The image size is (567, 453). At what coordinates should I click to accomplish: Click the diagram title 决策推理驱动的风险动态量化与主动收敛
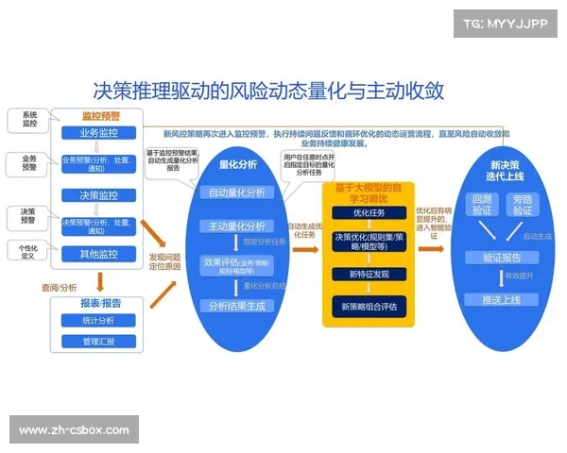(268, 91)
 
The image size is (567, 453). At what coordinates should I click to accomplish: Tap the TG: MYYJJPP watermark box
(506, 24)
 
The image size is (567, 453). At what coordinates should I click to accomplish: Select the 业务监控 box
(99, 133)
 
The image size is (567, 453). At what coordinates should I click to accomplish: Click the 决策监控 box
(99, 195)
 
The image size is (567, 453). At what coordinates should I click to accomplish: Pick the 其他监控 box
(99, 254)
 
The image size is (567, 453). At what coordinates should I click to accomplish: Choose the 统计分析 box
(99, 322)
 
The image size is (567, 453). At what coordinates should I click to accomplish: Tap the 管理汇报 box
(99, 341)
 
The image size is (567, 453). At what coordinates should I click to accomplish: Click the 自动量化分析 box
(238, 193)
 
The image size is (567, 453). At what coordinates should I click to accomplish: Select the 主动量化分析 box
(238, 226)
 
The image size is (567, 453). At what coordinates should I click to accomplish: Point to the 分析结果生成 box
(238, 306)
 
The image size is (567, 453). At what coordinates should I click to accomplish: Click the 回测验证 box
(482, 205)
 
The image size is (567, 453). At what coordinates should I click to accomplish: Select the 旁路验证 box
(523, 205)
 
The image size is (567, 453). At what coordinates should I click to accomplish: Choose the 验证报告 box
(502, 257)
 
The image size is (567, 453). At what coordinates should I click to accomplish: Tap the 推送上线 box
(502, 299)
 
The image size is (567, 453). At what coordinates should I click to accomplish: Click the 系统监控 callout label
(29, 120)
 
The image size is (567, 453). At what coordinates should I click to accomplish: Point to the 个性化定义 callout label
(28, 250)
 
